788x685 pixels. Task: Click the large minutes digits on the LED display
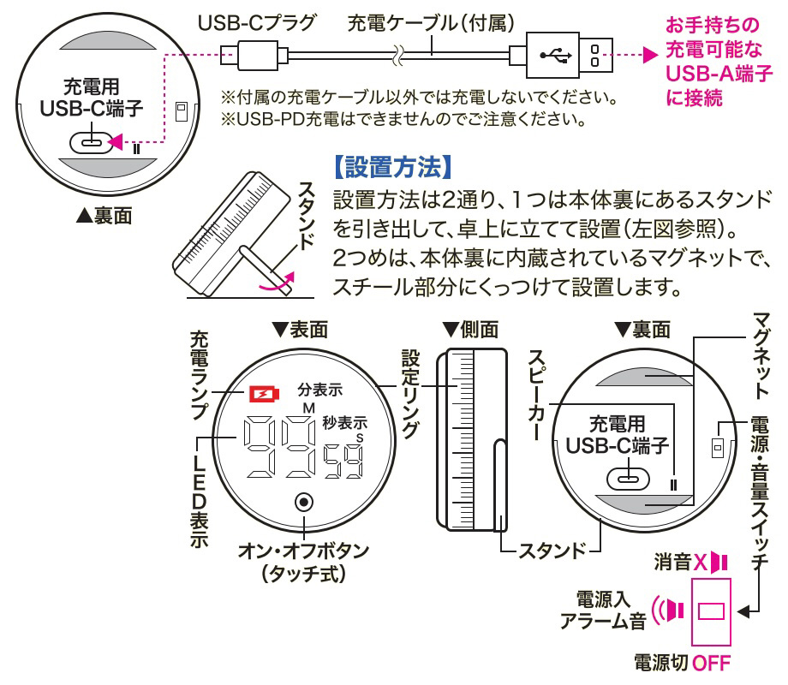tap(275, 449)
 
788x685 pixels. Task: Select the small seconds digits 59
tap(342, 463)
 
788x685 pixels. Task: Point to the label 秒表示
tap(344, 421)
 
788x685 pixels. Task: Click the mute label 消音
tap(673, 562)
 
